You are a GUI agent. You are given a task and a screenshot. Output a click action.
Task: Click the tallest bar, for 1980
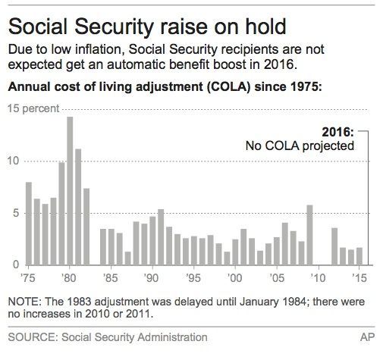(x=70, y=191)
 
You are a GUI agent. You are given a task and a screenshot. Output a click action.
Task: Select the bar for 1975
(x=29, y=224)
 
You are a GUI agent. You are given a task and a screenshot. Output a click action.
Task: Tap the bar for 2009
(x=309, y=235)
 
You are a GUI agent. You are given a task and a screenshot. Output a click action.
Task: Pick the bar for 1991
(x=161, y=237)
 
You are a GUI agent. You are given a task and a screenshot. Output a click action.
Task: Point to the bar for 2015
(x=359, y=256)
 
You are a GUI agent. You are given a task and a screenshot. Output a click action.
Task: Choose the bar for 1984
(x=103, y=247)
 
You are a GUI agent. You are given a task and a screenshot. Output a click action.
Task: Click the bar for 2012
(x=334, y=246)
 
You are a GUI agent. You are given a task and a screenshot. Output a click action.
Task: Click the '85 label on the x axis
(x=111, y=278)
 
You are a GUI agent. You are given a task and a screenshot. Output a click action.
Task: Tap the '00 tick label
(x=234, y=278)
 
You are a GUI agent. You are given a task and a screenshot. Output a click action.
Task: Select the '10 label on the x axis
(x=318, y=278)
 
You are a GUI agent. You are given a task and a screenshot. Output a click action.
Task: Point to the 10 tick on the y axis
(x=14, y=161)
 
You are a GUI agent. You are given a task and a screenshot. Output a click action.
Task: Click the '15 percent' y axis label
(x=33, y=108)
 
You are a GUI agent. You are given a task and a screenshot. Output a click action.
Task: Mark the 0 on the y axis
(x=16, y=265)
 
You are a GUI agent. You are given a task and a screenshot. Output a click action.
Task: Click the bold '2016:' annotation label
(x=337, y=132)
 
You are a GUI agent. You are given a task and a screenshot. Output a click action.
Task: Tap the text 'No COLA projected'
(x=300, y=146)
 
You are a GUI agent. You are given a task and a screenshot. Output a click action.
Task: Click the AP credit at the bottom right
(x=368, y=337)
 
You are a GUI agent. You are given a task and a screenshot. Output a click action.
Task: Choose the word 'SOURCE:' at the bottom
(x=33, y=337)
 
